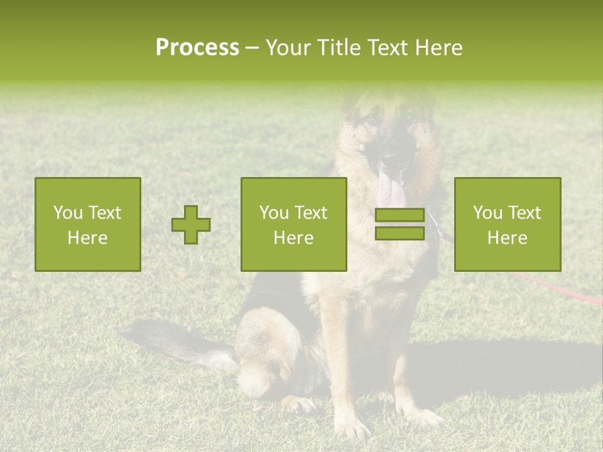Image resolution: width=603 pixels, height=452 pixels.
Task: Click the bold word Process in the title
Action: point(197,48)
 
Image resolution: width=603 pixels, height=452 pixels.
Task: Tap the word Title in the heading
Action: point(342,48)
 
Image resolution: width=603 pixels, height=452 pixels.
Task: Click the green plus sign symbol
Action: point(191,225)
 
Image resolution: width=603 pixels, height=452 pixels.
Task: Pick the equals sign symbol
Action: point(399,224)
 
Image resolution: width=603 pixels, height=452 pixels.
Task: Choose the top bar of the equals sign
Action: point(399,215)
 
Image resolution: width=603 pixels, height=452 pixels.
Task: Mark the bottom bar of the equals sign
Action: point(399,233)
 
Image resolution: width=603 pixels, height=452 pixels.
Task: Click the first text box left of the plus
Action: point(87,224)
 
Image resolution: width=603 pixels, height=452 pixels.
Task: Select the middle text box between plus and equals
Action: point(293,224)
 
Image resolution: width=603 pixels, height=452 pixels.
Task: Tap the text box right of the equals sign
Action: point(507,224)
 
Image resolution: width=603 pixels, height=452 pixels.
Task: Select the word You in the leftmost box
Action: point(68,213)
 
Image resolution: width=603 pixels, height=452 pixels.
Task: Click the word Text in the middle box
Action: point(311,213)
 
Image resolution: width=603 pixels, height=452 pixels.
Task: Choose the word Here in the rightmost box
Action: point(507,238)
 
